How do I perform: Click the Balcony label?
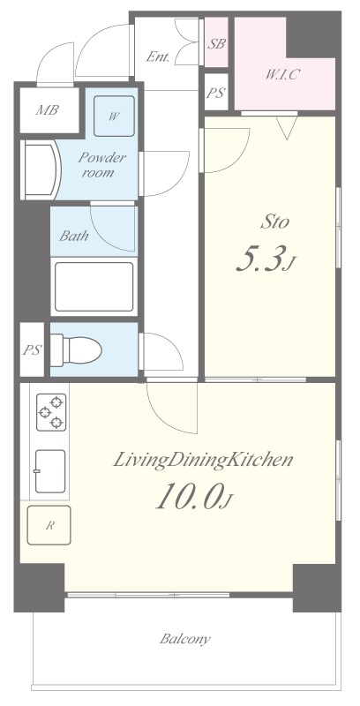(185, 638)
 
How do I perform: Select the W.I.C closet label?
(281, 75)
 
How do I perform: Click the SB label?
(216, 44)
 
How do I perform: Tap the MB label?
(48, 109)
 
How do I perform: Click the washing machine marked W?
(114, 116)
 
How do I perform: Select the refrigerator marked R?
(49, 525)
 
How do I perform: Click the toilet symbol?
(76, 349)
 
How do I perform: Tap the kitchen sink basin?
(50, 471)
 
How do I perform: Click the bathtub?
(94, 286)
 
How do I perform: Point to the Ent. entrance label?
(157, 56)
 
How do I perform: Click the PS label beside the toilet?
(33, 349)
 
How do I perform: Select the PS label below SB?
(215, 93)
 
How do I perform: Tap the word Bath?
(74, 236)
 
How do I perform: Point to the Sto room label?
(274, 222)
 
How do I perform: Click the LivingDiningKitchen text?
(203, 460)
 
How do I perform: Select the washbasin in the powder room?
(41, 169)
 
